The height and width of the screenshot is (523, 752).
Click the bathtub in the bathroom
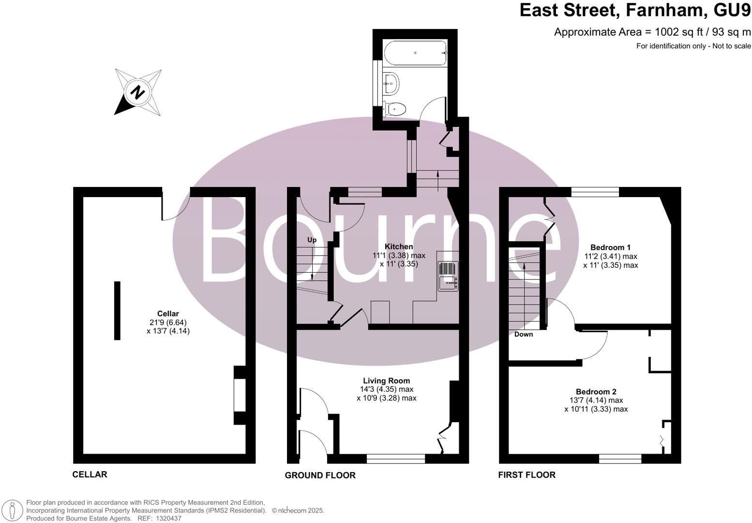tap(415, 53)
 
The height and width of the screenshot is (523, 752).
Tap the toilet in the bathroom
tap(394, 109)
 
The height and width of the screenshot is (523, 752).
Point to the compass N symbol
tap(138, 92)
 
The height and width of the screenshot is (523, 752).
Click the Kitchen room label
tap(399, 246)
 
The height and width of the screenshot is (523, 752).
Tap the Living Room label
tap(387, 381)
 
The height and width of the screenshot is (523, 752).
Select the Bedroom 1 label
tap(610, 247)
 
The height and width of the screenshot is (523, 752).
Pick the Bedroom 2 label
tap(596, 392)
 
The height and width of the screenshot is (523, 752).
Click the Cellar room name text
tap(168, 314)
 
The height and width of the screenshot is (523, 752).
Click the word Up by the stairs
tap(312, 240)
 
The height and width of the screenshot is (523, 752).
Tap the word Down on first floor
tap(523, 334)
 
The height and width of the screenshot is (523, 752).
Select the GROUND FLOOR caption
tap(320, 475)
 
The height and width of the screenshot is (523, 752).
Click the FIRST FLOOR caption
tap(526, 475)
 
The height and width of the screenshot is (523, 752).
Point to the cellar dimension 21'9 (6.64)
tap(168, 323)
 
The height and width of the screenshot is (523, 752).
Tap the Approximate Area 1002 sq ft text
tap(652, 32)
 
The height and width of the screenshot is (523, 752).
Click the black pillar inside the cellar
tap(117, 310)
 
